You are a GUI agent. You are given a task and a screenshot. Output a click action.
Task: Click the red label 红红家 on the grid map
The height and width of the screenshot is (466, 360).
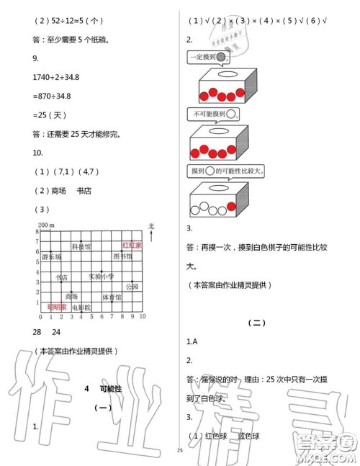tap(132, 245)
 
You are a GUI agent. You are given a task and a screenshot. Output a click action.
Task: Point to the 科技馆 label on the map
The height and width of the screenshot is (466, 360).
tap(81, 246)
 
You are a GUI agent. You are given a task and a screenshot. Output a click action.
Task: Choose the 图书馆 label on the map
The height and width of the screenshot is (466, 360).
tap(122, 256)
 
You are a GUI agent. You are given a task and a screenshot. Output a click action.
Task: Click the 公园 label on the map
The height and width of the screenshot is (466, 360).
tap(131, 287)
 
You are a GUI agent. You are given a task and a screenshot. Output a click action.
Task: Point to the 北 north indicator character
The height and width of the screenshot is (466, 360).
tap(149, 226)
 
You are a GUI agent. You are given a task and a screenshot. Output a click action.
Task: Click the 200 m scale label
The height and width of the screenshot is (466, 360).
tap(42, 226)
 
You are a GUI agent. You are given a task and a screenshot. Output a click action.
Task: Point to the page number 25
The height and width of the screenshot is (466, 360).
tap(179, 452)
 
